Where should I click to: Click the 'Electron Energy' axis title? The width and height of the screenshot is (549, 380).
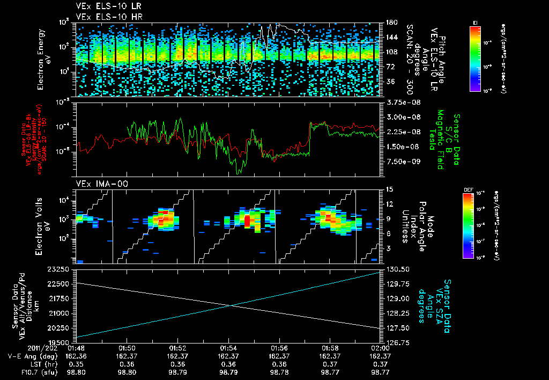[40, 59]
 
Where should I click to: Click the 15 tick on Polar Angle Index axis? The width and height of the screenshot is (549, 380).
[388, 189]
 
